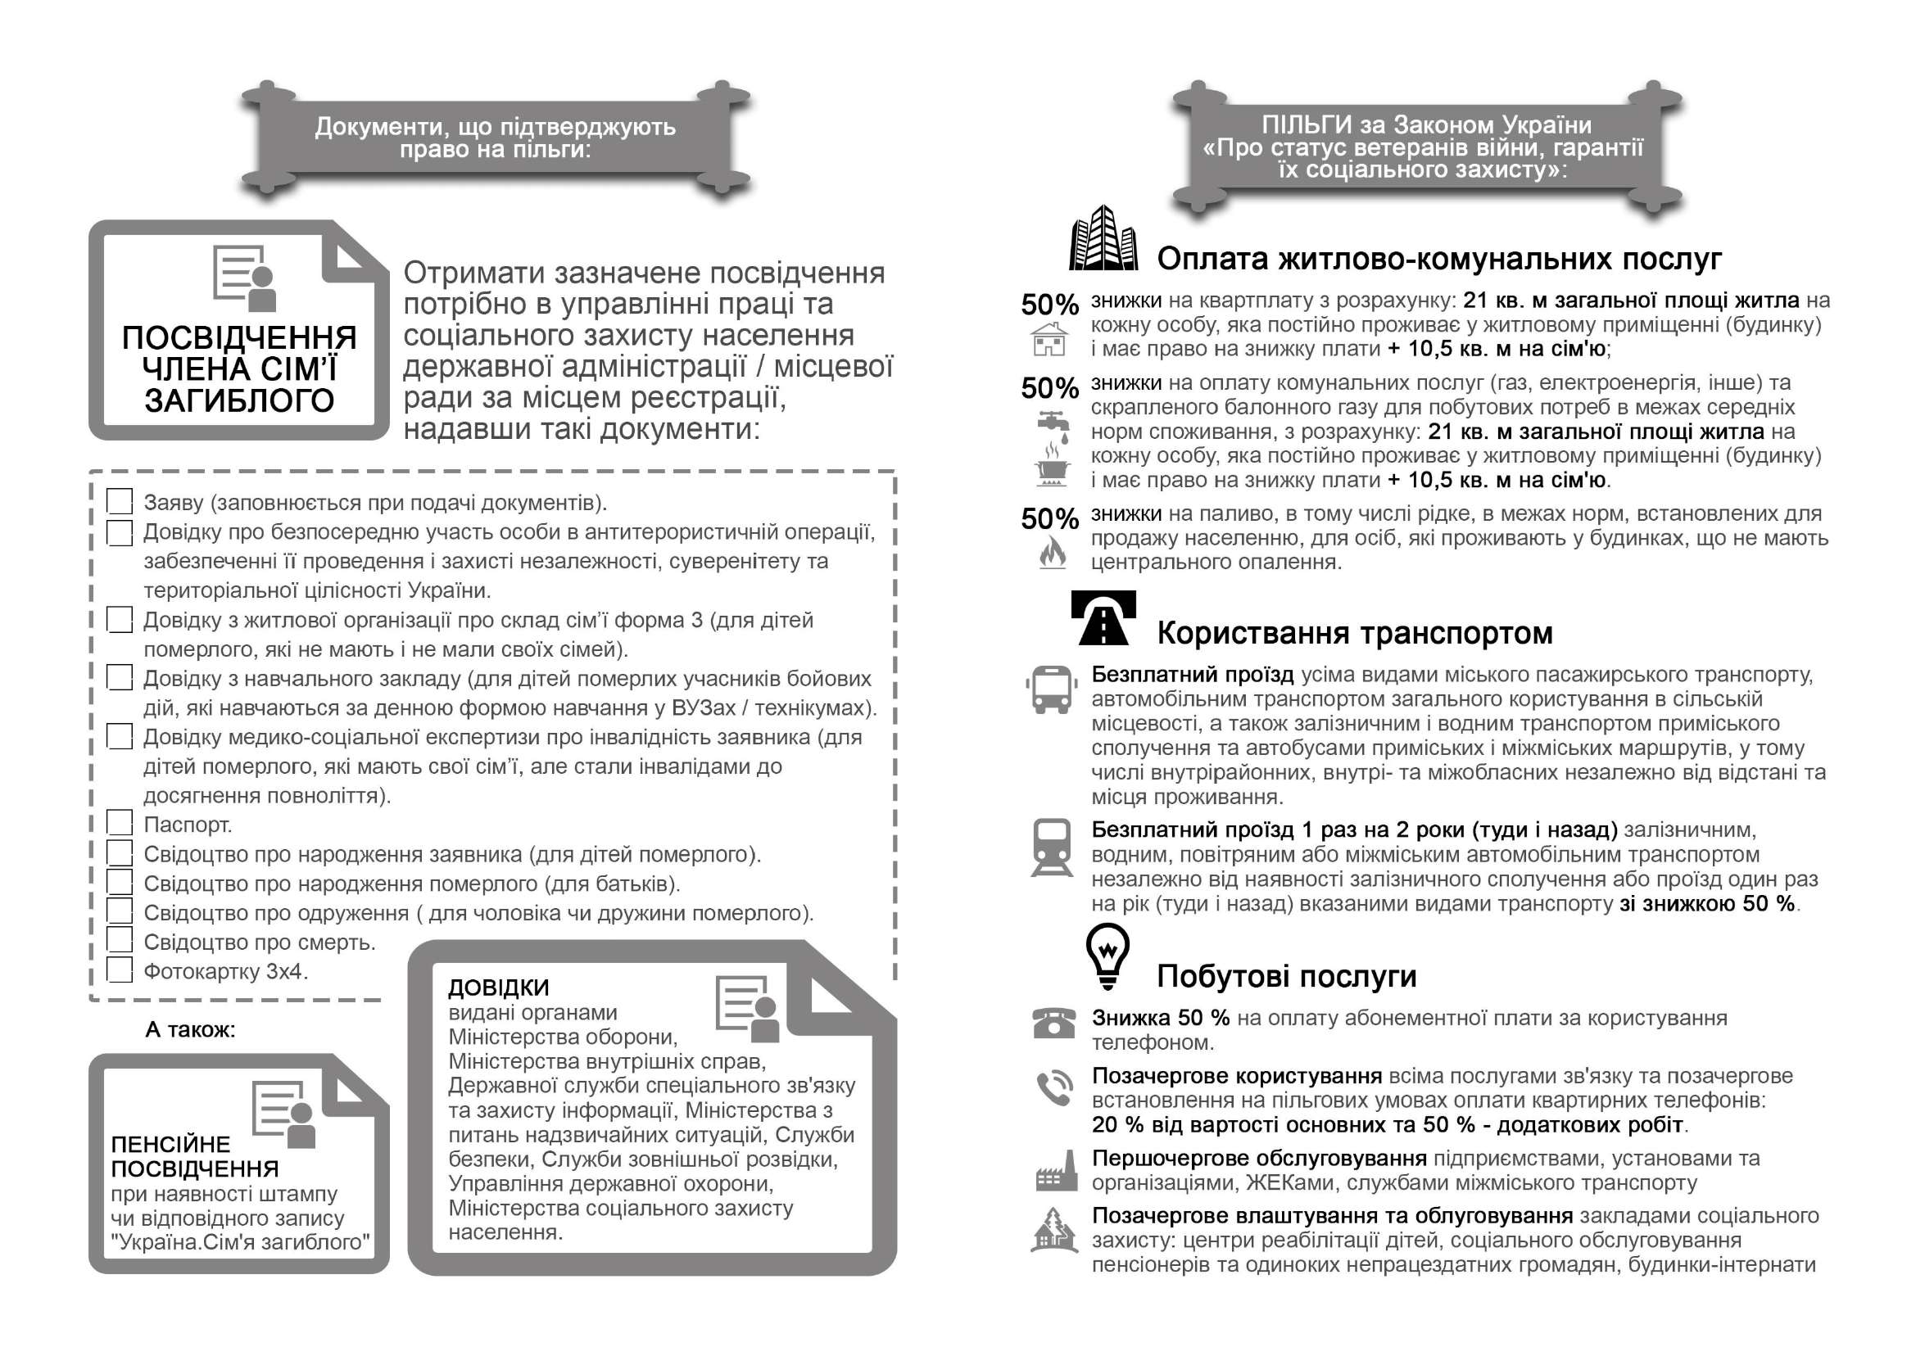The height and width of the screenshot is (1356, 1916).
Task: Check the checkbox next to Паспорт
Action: tap(120, 823)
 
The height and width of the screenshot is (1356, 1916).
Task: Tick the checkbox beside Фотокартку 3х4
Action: tap(120, 970)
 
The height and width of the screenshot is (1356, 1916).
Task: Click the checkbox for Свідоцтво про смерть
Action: tap(120, 940)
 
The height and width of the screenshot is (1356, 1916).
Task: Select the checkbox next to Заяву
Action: tap(120, 501)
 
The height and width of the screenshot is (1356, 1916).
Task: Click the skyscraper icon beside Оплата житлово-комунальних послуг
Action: tap(1103, 239)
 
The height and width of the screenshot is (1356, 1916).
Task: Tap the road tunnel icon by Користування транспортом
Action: tap(1103, 618)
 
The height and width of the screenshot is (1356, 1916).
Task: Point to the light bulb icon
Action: tap(1107, 957)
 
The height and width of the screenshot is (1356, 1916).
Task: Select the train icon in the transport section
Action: tap(1052, 847)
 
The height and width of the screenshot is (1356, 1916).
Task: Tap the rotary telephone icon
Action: tap(1053, 1023)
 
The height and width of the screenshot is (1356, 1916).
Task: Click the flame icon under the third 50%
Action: tap(1053, 552)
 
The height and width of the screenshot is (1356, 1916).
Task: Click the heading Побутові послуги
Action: tap(1286, 976)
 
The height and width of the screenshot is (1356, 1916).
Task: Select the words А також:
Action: tap(190, 1029)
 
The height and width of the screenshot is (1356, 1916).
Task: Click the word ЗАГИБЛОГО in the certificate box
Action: tap(239, 400)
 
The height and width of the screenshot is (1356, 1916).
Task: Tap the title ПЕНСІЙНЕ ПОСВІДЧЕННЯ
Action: tap(195, 1156)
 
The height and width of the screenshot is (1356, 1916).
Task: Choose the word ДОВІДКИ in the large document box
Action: tap(499, 988)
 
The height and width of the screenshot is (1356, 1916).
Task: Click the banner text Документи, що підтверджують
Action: tap(495, 127)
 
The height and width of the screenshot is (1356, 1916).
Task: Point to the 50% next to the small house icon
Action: tap(1049, 305)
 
